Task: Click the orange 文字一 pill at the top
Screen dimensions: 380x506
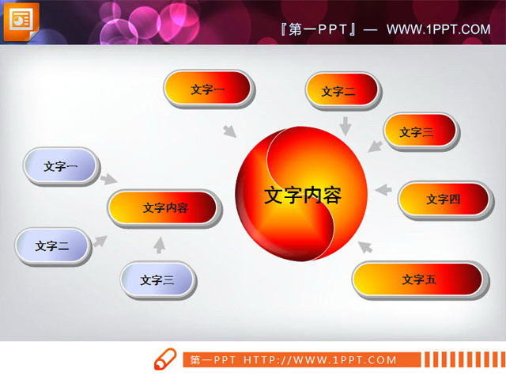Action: pyautogui.click(x=207, y=90)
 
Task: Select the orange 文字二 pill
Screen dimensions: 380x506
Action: pyautogui.click(x=338, y=92)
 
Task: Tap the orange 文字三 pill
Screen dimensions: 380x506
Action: pyautogui.click(x=420, y=132)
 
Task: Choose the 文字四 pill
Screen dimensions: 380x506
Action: pyautogui.click(x=443, y=199)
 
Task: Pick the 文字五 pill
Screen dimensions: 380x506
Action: pyautogui.click(x=418, y=279)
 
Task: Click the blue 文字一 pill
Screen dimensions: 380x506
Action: pyautogui.click(x=60, y=166)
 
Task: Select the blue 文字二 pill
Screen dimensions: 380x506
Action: pyautogui.click(x=52, y=246)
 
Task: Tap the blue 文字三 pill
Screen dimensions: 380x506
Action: pyautogui.click(x=157, y=279)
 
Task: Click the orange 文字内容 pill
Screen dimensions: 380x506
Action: pyautogui.click(x=164, y=208)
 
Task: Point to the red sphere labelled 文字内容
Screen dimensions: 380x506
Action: pyautogui.click(x=302, y=195)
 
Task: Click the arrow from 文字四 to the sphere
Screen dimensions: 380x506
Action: pyautogui.click(x=383, y=190)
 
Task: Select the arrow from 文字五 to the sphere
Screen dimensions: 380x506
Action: pyautogui.click(x=364, y=246)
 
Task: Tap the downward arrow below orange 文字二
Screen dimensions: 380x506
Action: pyautogui.click(x=346, y=125)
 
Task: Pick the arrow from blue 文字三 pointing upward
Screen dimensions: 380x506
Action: pyautogui.click(x=160, y=245)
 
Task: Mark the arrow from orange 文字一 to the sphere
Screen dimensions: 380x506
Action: pyautogui.click(x=230, y=131)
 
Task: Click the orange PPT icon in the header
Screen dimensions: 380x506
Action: pyautogui.click(x=21, y=19)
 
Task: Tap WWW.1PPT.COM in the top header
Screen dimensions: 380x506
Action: pyautogui.click(x=439, y=29)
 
